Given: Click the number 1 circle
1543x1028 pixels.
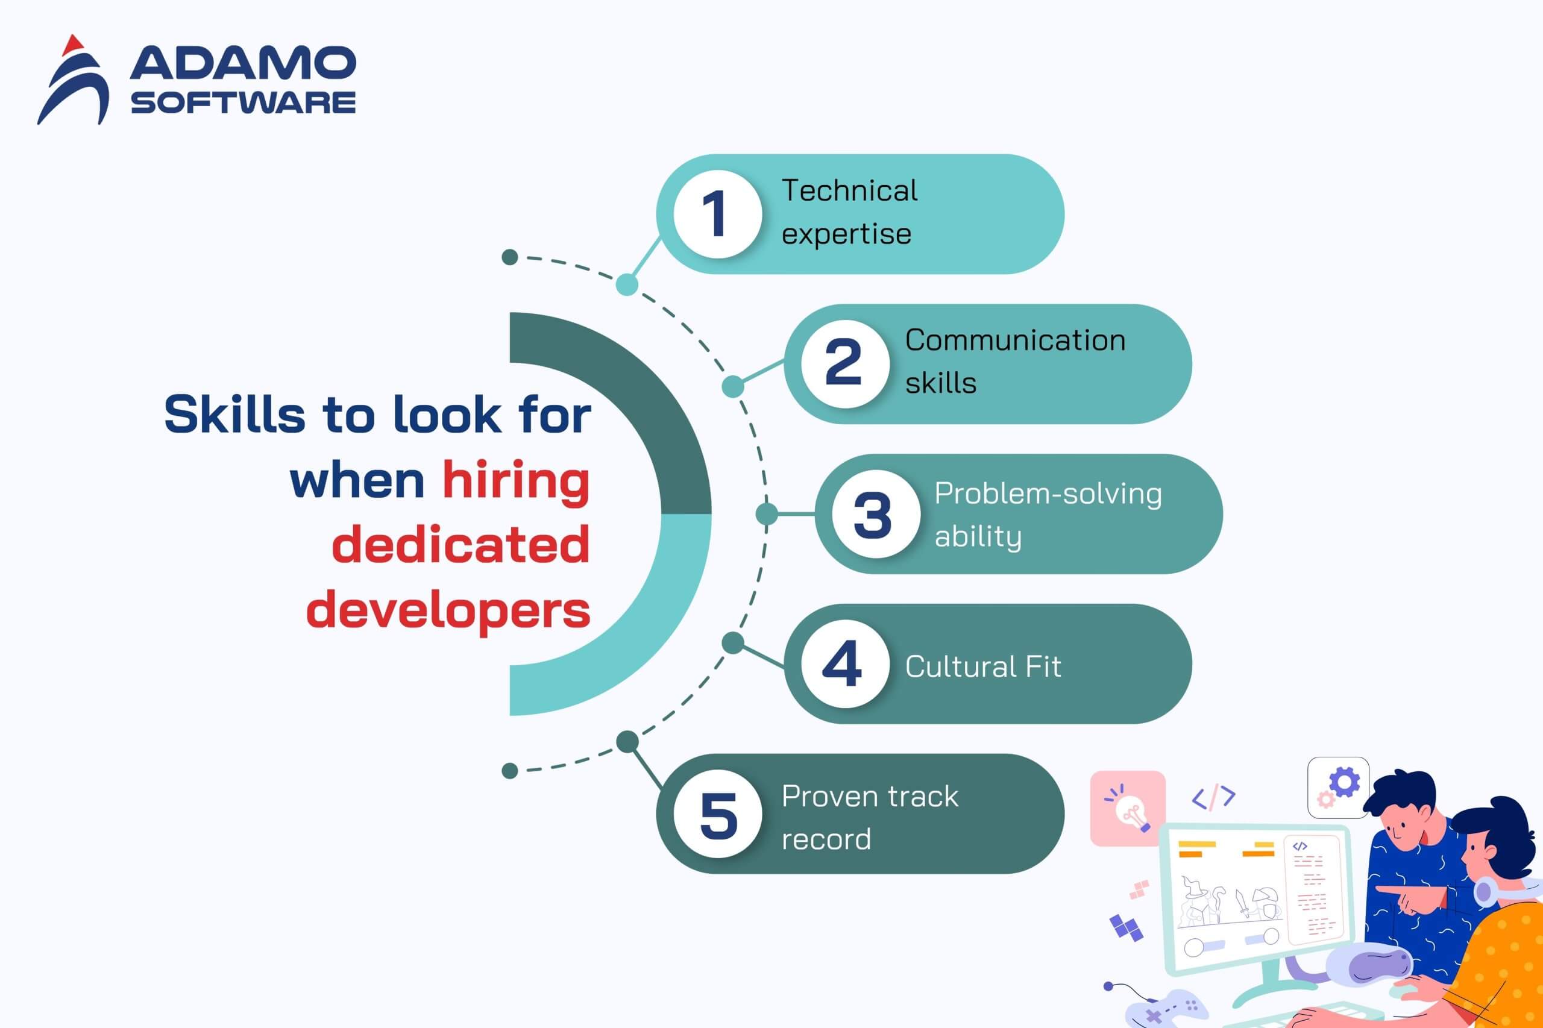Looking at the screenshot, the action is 717,214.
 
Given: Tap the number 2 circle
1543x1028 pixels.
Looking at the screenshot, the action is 845,364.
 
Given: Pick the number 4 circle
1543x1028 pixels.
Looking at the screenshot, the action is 845,663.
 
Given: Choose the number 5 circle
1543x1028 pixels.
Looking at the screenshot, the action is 717,813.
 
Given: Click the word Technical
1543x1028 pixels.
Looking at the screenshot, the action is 849,191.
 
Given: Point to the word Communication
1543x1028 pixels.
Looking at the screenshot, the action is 1015,340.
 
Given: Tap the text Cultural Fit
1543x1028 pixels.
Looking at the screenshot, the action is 983,667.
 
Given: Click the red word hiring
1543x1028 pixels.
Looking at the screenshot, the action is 516,482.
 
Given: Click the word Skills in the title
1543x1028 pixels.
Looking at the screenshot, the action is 234,415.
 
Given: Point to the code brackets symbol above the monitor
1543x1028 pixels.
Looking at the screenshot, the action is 1214,797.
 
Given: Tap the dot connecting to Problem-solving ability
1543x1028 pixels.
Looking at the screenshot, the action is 767,514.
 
